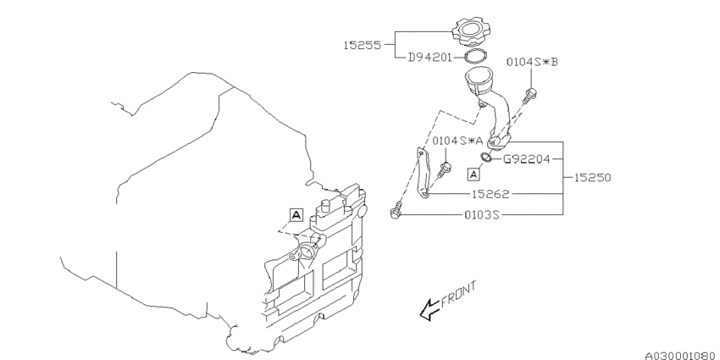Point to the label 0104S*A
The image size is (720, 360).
(457, 141)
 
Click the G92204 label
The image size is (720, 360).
(529, 158)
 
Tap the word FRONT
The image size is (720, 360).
(462, 292)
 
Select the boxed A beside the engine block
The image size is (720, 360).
(296, 215)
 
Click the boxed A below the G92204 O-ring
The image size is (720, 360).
(475, 174)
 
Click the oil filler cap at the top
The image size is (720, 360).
(471, 32)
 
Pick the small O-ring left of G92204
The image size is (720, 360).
(484, 157)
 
